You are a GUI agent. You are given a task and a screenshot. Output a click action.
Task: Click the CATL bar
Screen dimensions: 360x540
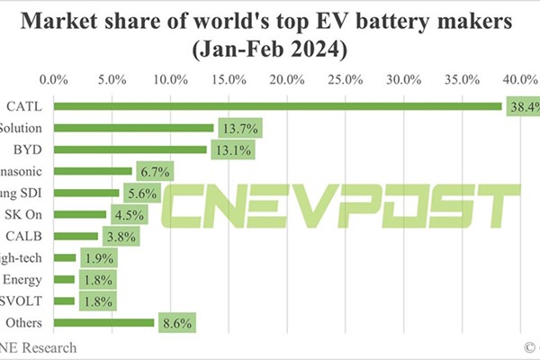pos(278,106)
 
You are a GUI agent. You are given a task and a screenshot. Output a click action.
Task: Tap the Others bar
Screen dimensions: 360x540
pos(104,322)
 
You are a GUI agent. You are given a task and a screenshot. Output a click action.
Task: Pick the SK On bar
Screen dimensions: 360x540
pos(80,214)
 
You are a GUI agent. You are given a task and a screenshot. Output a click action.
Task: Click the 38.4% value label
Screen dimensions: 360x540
pos(522,106)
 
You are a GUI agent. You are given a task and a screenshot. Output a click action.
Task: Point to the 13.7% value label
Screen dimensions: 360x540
pos(238,128)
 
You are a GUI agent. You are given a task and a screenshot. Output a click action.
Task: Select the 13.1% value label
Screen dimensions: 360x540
pos(231,149)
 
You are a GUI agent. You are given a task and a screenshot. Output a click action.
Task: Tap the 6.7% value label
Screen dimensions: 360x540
pos(153,171)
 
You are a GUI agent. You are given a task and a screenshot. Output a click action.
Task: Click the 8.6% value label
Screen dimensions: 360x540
pos(175,322)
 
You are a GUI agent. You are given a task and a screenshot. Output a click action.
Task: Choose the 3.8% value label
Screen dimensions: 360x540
pos(119,236)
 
